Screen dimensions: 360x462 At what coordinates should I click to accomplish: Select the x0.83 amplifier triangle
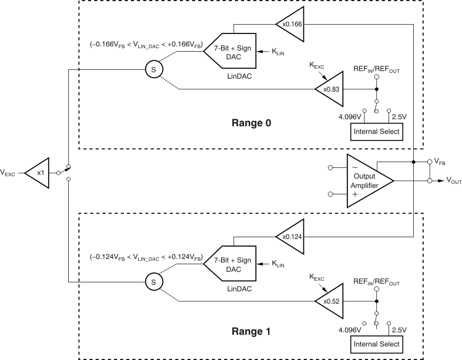point(327,89)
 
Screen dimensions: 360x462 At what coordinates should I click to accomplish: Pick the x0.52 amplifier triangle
point(327,302)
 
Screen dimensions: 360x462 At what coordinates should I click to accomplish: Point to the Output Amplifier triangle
point(367,181)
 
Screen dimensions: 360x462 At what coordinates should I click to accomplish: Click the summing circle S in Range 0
point(154,70)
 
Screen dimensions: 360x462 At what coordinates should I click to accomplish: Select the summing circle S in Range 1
point(154,282)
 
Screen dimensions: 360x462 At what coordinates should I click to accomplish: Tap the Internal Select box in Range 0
point(376,132)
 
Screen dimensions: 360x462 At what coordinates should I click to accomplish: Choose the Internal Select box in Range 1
point(376,344)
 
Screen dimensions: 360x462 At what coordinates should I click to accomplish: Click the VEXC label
point(10,173)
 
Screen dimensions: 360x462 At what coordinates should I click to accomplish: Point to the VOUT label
point(453,181)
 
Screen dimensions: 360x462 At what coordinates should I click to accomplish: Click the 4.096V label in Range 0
point(350,117)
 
